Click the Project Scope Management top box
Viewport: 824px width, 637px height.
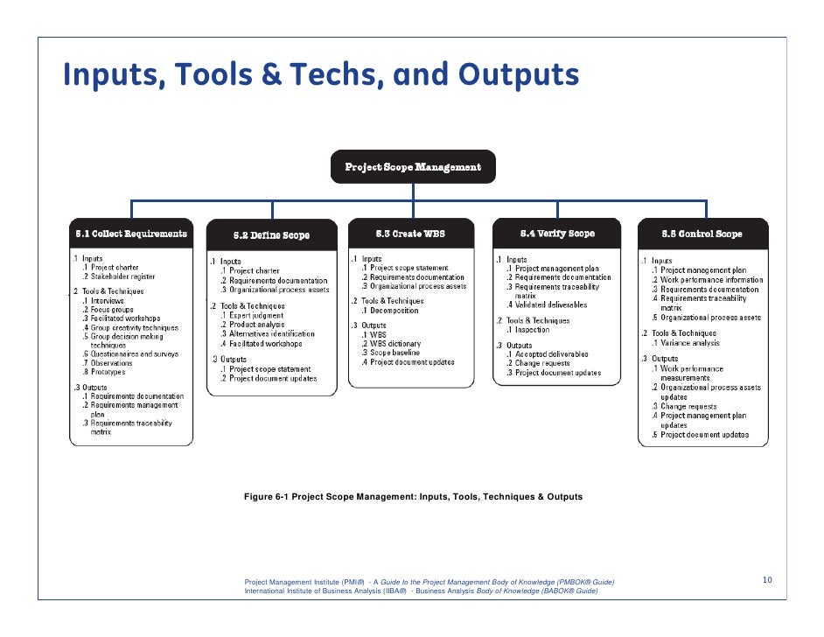point(412,166)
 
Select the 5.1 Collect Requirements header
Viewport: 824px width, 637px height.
point(130,234)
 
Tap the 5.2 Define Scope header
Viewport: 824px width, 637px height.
point(271,235)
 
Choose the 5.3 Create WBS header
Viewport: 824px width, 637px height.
point(411,234)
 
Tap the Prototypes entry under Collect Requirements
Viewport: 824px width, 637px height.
point(109,372)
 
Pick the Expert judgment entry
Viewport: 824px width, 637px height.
point(256,315)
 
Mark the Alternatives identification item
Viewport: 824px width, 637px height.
point(271,333)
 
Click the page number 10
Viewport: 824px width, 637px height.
point(767,580)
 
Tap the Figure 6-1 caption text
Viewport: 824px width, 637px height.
point(413,497)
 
